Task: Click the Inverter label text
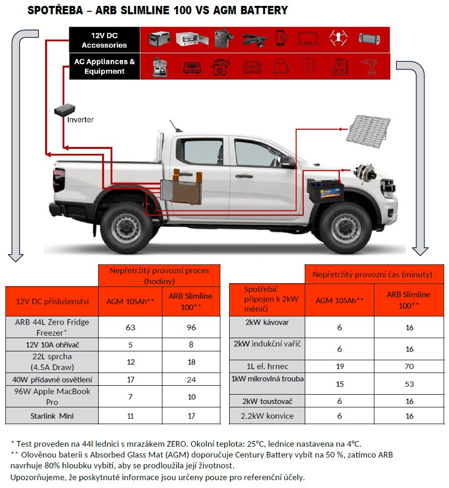coord(80,120)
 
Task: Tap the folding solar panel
coord(369,131)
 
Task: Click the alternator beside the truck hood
coord(365,173)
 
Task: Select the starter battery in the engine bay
coord(326,191)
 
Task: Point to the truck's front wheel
coord(345,229)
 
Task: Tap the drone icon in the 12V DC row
coord(338,39)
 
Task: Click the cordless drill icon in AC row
coord(369,67)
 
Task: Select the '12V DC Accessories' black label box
coord(105,40)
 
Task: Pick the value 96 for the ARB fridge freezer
coord(191,327)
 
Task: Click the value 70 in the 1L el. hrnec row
coord(409,367)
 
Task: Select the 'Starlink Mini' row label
coord(52,416)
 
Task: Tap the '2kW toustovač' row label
coord(267,402)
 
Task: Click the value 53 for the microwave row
coord(409,384)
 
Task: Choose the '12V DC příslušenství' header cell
coord(52,301)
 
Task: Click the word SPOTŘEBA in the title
coord(55,10)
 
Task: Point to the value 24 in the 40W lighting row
coord(191,380)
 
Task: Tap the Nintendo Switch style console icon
coord(369,39)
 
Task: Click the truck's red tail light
coord(59,180)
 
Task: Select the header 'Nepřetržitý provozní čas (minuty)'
coord(372,275)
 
